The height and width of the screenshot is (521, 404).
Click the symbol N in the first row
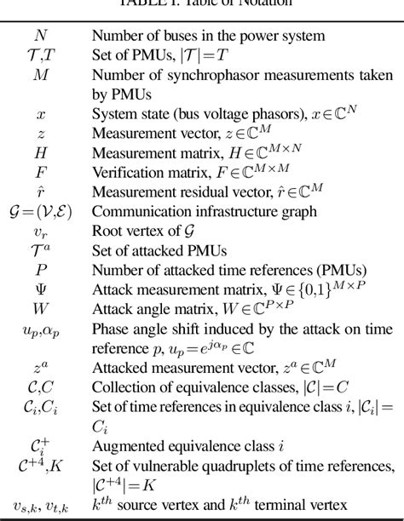pos(41,36)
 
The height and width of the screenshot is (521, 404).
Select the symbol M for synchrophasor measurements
pos(41,75)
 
